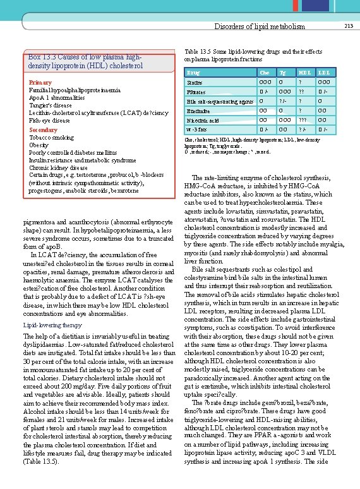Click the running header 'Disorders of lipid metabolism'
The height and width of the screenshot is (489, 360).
(260, 27)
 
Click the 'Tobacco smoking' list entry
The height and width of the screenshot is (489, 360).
(52, 138)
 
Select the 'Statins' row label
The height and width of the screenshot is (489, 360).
(195, 83)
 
